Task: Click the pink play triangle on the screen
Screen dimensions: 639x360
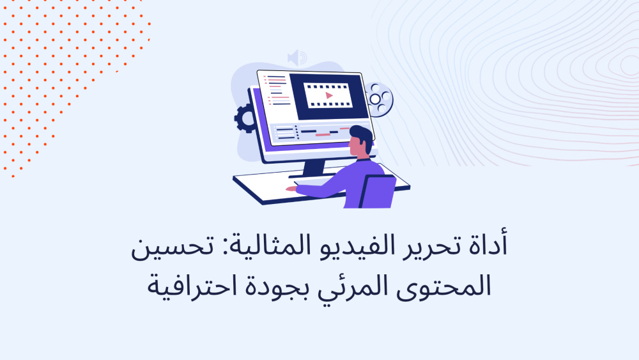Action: (329, 96)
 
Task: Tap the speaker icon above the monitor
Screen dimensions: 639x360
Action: (296, 58)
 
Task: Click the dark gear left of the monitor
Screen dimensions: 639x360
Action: (245, 119)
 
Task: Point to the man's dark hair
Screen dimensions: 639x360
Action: (362, 137)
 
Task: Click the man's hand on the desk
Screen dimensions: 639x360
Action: (291, 189)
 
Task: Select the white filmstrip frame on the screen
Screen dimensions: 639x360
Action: (328, 95)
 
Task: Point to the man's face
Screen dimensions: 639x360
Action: (355, 146)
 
